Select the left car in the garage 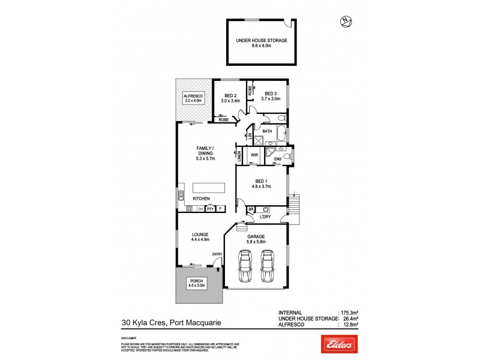tap(245, 265)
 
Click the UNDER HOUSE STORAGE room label tap(261, 40)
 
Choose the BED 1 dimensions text tap(259, 187)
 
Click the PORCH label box tap(197, 283)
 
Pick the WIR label tap(254, 155)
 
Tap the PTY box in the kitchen tap(210, 209)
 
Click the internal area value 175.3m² tap(349, 313)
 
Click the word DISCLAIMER tap(130, 338)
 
